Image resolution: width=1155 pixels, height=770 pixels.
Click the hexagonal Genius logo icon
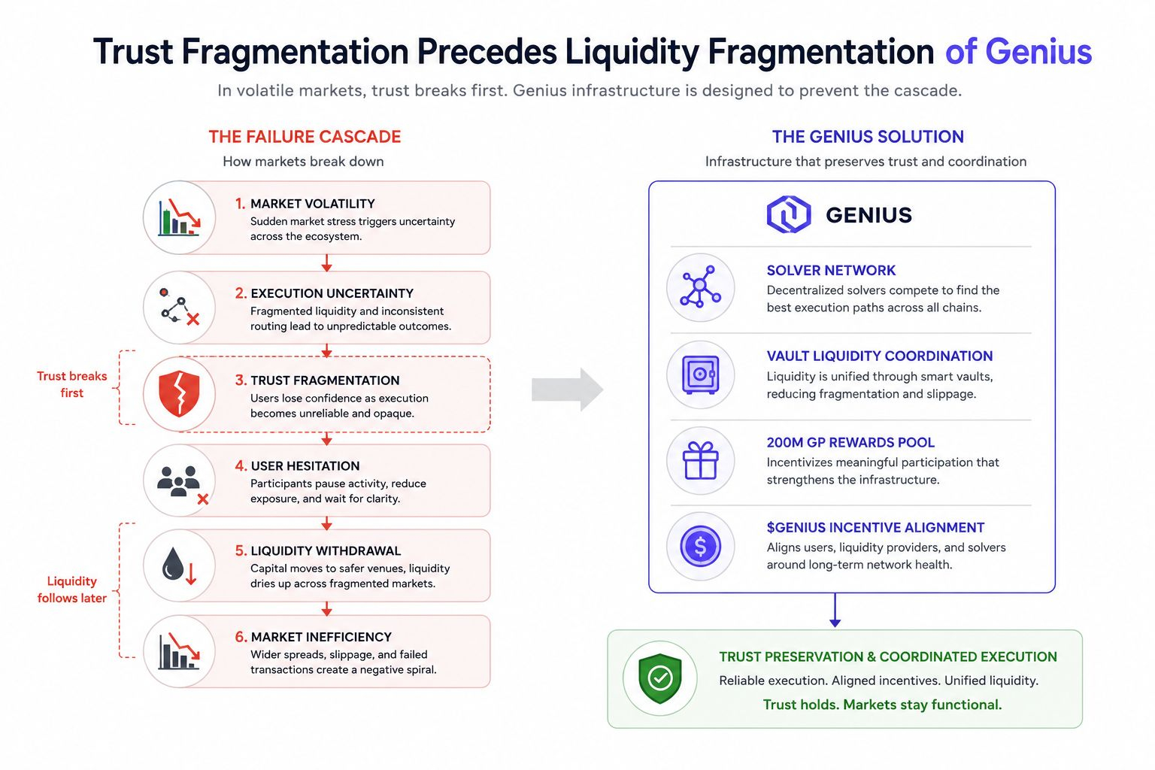tap(788, 214)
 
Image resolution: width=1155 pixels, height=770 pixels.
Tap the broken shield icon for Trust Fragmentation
tap(179, 393)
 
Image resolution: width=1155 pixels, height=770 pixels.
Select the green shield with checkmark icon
tap(660, 678)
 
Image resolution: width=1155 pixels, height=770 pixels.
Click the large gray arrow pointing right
tap(567, 390)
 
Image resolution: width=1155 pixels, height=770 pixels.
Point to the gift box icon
tap(700, 460)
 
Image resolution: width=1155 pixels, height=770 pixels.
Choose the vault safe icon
tap(700, 375)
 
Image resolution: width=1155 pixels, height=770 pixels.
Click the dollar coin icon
tap(700, 546)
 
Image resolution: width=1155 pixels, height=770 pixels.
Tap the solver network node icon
tap(700, 286)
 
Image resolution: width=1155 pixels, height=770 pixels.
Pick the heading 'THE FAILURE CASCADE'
tap(305, 137)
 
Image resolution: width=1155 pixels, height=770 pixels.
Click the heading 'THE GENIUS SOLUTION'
tap(868, 137)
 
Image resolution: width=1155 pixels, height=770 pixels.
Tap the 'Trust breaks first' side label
tap(71, 384)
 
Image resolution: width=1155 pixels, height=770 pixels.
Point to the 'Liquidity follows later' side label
tap(71, 590)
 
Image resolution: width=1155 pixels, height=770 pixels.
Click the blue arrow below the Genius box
tap(835, 610)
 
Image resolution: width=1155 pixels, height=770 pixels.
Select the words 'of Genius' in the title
tap(1018, 52)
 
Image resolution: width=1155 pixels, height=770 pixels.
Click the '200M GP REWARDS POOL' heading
tap(850, 442)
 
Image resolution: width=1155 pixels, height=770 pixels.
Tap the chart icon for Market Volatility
tap(179, 217)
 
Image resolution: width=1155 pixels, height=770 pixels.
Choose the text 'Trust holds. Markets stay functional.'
tap(882, 705)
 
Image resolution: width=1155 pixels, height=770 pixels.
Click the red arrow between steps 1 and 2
tap(326, 262)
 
